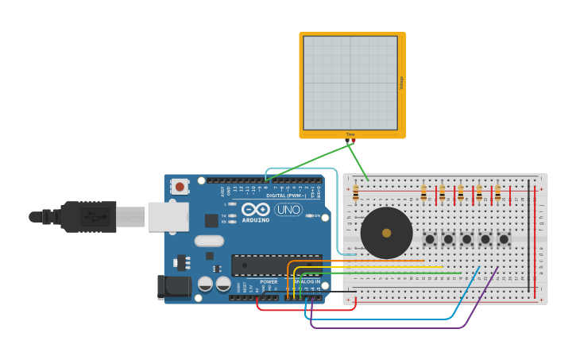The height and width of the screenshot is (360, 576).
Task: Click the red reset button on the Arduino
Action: [180, 187]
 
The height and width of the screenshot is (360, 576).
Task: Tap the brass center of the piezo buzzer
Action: [386, 233]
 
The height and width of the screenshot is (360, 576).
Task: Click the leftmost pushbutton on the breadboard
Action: [430, 238]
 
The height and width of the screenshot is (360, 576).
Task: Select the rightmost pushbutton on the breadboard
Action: [504, 238]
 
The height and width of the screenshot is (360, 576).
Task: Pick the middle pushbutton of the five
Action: [466, 238]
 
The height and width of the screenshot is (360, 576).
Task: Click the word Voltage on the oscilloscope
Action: [401, 83]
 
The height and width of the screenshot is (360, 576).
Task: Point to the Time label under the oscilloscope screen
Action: [350, 134]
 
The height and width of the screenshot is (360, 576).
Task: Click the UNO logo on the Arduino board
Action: [288, 210]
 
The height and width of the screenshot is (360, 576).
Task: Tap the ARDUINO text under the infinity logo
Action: [255, 219]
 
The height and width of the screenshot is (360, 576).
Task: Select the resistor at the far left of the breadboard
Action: [355, 193]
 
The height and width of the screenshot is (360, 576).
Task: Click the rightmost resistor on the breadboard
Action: [497, 193]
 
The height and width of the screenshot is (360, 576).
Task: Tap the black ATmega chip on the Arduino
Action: [275, 265]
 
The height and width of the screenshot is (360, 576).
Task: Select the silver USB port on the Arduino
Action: [168, 216]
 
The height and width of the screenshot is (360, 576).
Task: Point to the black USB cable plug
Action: [87, 216]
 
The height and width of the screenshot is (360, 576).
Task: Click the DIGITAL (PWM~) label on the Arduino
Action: [286, 195]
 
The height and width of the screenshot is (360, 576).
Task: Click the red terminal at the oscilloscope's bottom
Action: [354, 141]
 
